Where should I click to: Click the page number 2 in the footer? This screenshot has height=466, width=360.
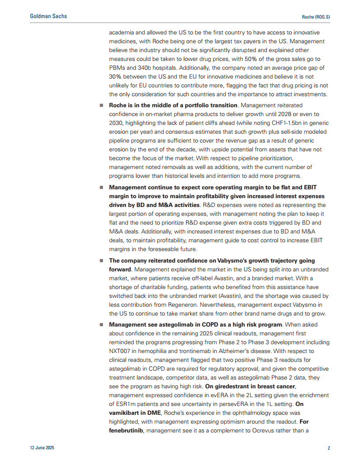tap(329, 448)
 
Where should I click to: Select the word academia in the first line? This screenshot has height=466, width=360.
tap(122, 33)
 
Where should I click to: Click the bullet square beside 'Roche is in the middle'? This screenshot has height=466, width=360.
tap(101, 105)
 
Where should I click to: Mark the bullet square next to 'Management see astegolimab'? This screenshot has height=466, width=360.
tap(101, 325)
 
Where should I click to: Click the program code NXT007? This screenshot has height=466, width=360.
tap(122, 351)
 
